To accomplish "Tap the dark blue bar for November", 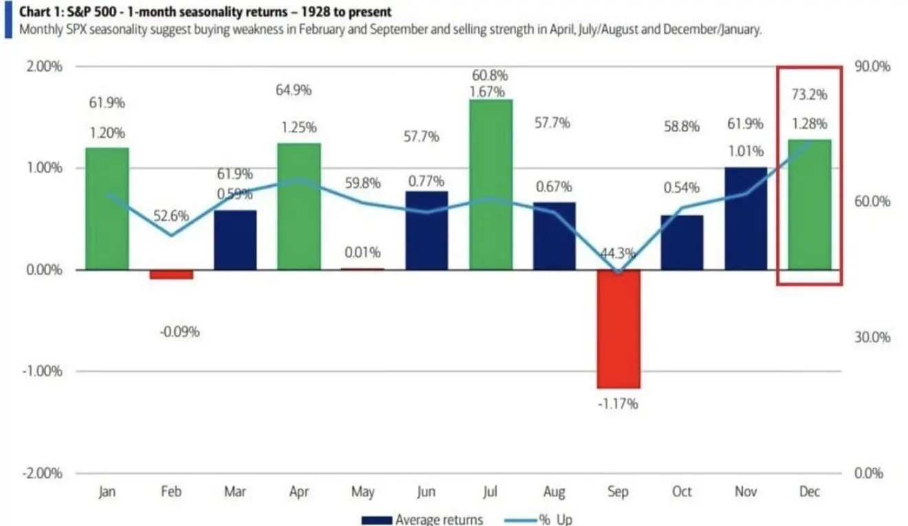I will pyautogui.click(x=746, y=218).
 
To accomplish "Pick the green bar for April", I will pyautogui.click(x=299, y=206).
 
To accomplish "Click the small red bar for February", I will pyautogui.click(x=171, y=274).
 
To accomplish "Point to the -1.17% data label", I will pyautogui.click(x=618, y=403).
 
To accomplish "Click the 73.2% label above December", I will pyautogui.click(x=810, y=94).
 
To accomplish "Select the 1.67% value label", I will pyautogui.click(x=490, y=92).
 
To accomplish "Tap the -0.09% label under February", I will pyautogui.click(x=180, y=332).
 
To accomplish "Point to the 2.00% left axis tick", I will pyautogui.click(x=44, y=67).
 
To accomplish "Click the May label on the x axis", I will pyautogui.click(x=363, y=492).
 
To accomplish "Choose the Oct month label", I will pyautogui.click(x=682, y=492).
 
